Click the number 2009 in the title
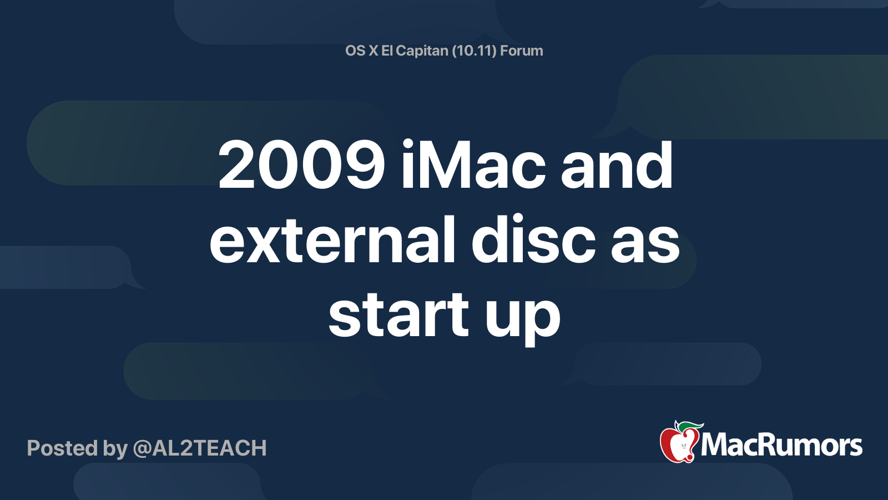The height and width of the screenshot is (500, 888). click(x=301, y=166)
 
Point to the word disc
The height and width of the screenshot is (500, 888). click(x=533, y=241)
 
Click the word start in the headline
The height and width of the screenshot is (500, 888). click(x=398, y=316)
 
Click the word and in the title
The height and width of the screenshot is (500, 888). click(x=617, y=166)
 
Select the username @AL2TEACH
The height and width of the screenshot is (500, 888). click(x=199, y=448)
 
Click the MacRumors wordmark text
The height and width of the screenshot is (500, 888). click(x=781, y=446)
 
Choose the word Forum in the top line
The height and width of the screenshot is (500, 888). click(x=521, y=51)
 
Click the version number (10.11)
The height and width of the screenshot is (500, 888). click(x=474, y=51)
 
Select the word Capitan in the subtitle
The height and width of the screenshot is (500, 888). click(x=422, y=51)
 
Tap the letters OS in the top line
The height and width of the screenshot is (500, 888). click(x=355, y=51)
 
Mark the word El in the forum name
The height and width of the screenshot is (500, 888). click(x=387, y=51)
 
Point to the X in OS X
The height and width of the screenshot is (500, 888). click(x=374, y=51)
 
